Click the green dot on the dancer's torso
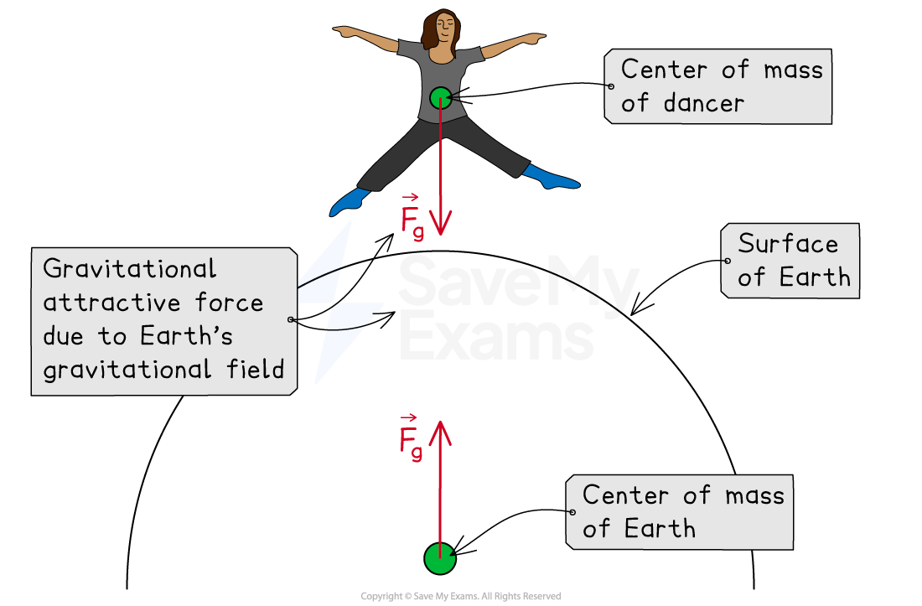tap(440, 98)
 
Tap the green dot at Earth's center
tap(439, 558)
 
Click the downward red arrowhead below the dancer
tap(441, 223)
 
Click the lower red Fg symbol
tap(410, 439)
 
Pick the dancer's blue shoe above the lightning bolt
tap(350, 201)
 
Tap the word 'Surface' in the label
tap(788, 244)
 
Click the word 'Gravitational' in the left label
tap(129, 269)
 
